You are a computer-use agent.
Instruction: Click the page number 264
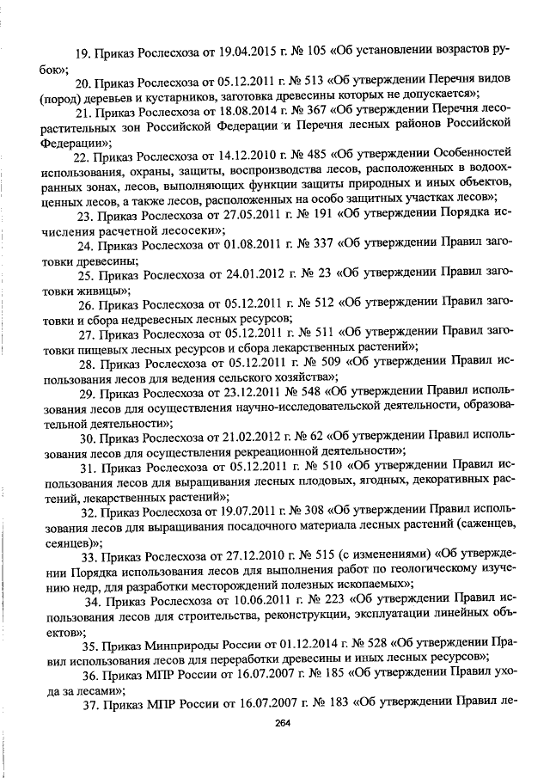point(284,723)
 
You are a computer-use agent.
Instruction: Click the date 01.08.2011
point(228,246)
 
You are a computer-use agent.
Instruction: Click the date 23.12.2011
point(227,393)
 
